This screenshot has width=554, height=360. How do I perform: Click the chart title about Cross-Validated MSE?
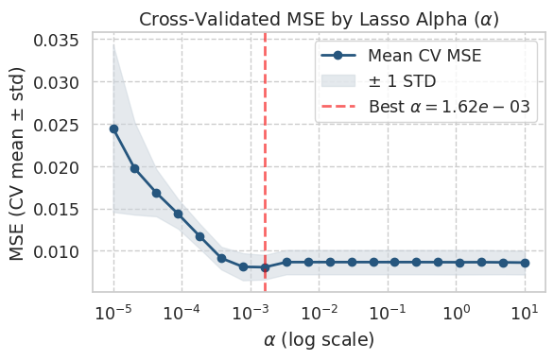[319, 18]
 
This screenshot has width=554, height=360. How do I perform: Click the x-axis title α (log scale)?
[319, 338]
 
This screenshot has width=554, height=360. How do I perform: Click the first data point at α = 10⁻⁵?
[113, 129]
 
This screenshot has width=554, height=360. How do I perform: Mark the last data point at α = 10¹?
[526, 263]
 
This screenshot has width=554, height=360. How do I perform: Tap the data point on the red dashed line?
[265, 267]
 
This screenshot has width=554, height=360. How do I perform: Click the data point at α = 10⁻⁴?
[178, 214]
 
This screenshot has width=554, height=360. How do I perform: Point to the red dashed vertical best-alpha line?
[265, 189]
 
